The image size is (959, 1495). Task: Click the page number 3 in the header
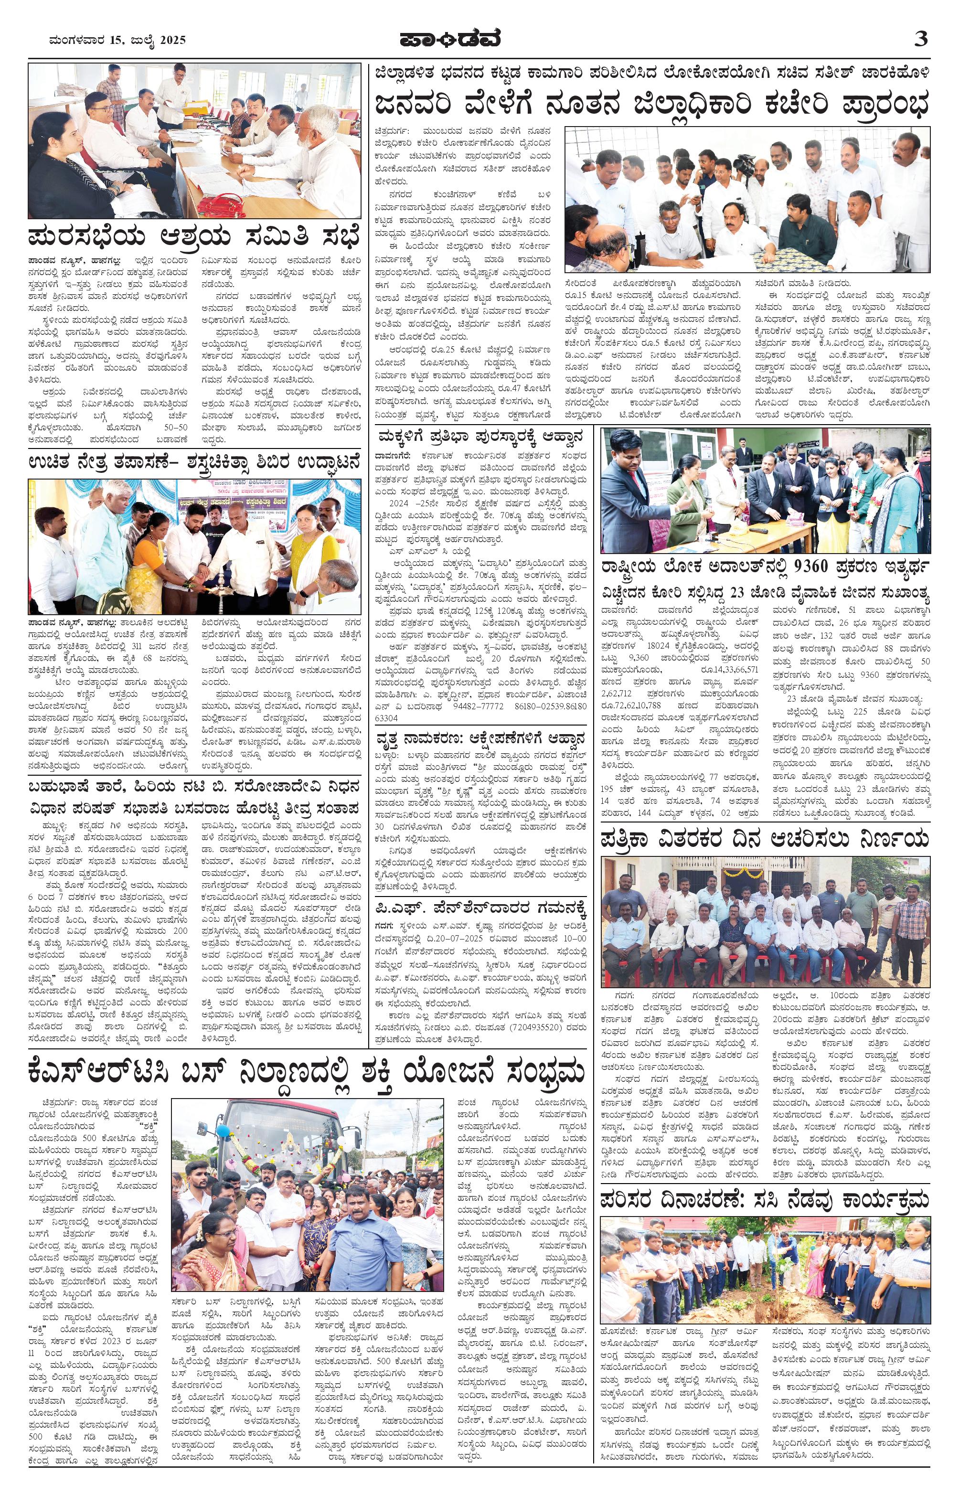click(x=921, y=39)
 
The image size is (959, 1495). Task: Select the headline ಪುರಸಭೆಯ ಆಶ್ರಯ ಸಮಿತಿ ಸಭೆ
click(x=194, y=238)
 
